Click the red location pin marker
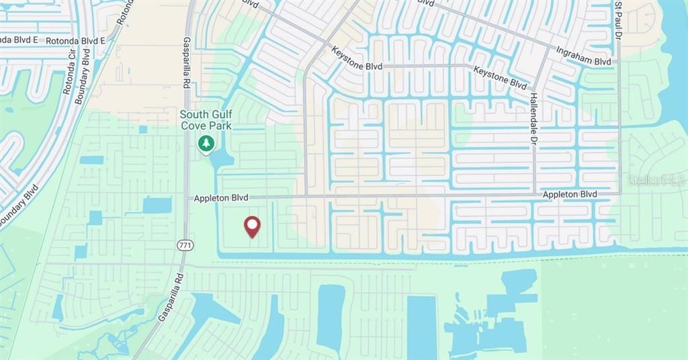click(x=252, y=226)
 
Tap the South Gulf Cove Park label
click(x=206, y=120)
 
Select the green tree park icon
click(x=206, y=143)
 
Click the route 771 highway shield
click(x=185, y=245)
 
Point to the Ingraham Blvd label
click(x=583, y=56)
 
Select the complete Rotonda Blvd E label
click(x=75, y=41)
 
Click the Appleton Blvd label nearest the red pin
click(x=221, y=198)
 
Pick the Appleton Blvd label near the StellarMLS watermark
click(x=570, y=194)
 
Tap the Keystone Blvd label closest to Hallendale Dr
click(x=500, y=77)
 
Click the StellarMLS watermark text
click(x=656, y=180)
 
